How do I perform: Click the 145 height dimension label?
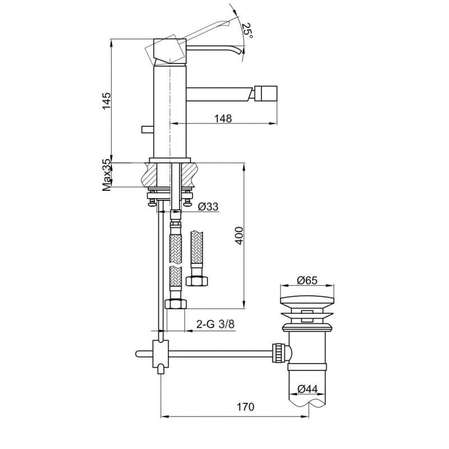pos(106,100)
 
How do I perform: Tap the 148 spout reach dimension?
pos(223,118)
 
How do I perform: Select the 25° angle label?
pos(248,31)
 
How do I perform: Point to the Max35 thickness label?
pos(107,175)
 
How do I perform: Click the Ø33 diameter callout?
pos(208,206)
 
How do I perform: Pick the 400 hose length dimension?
pos(240,236)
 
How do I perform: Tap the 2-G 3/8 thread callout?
pos(216,324)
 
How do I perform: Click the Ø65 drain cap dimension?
pos(307,280)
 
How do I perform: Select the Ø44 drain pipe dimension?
pos(308,389)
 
